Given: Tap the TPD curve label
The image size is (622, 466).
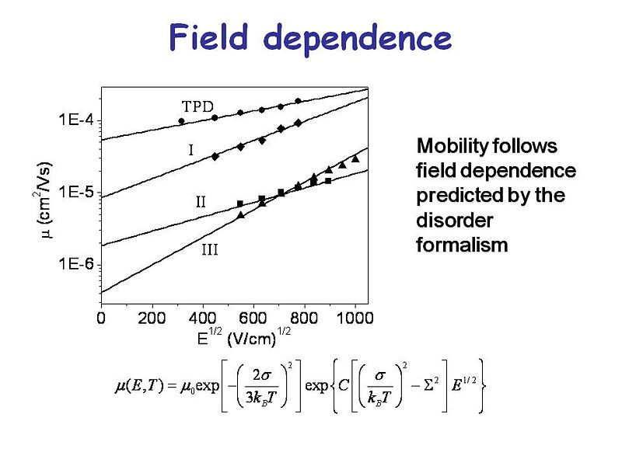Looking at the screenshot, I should (197, 106).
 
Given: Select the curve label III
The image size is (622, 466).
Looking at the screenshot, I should (210, 250).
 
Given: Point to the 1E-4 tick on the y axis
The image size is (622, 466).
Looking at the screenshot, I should (76, 120).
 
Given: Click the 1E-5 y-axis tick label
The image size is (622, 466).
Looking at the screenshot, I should (76, 192).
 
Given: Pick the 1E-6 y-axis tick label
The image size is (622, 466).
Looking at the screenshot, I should (76, 264).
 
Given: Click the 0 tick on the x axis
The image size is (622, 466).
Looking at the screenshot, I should (101, 318).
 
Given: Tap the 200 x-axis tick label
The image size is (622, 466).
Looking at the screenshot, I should (152, 318).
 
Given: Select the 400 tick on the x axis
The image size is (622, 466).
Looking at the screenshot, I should (203, 318).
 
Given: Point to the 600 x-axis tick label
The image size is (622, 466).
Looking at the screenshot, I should (253, 318).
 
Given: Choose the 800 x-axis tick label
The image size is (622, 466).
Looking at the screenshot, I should (304, 318).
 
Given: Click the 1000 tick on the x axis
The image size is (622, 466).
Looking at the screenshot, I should (355, 318).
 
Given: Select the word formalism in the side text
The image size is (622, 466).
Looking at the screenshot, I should (462, 245).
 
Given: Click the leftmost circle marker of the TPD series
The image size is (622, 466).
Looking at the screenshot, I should (182, 121).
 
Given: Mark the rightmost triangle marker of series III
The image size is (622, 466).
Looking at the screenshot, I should (355, 158).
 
